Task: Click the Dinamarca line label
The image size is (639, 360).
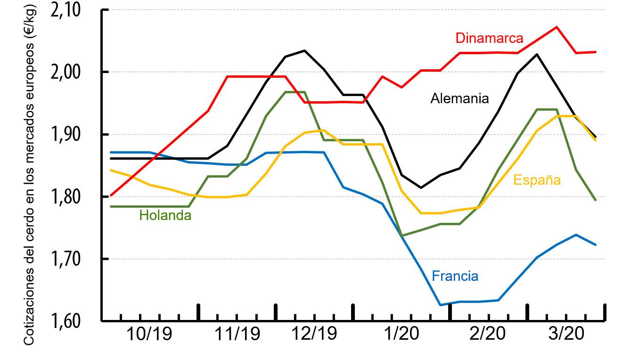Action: [489, 38]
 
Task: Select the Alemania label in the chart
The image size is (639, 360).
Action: [459, 98]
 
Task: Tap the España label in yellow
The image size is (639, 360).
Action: [537, 180]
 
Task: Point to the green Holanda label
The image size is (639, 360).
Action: [165, 216]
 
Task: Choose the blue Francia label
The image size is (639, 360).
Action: [455, 276]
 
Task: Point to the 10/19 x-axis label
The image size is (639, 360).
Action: [149, 335]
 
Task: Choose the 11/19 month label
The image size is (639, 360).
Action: [237, 335]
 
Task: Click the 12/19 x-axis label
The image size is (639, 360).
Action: [314, 335]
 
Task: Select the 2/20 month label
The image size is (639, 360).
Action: [488, 335]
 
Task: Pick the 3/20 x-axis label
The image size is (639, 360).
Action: [565, 335]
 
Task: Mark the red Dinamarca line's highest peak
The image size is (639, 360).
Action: [557, 27]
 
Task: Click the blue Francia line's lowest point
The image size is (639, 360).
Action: [440, 305]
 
